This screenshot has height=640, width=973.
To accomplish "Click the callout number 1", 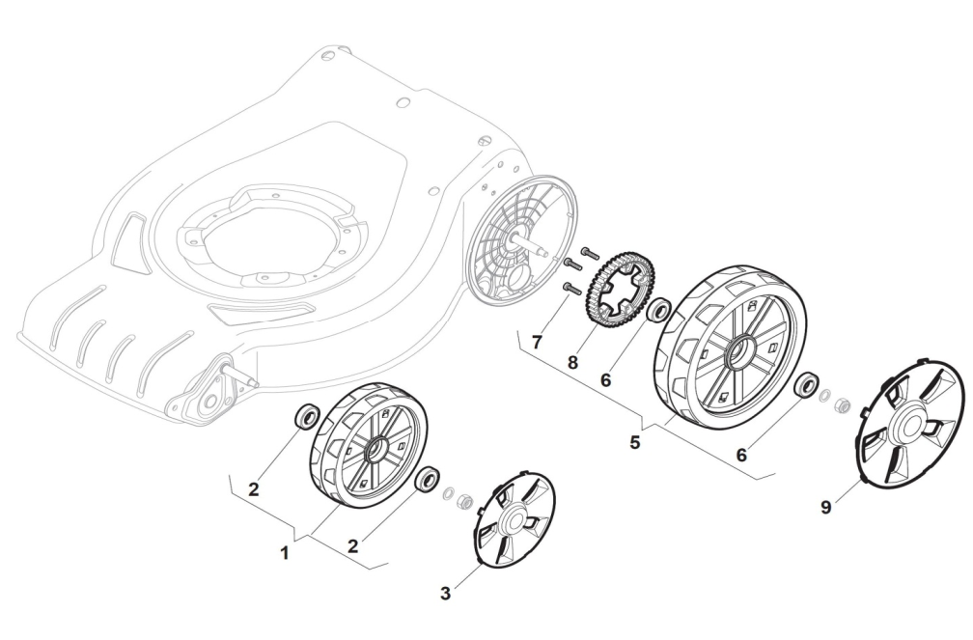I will coord(284,553).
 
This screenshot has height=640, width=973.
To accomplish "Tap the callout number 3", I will coord(445,593).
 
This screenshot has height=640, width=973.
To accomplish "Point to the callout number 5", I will coord(634,443).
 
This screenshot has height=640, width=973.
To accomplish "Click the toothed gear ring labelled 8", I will coord(612,290).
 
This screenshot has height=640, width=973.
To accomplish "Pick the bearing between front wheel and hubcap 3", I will coord(427,479).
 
